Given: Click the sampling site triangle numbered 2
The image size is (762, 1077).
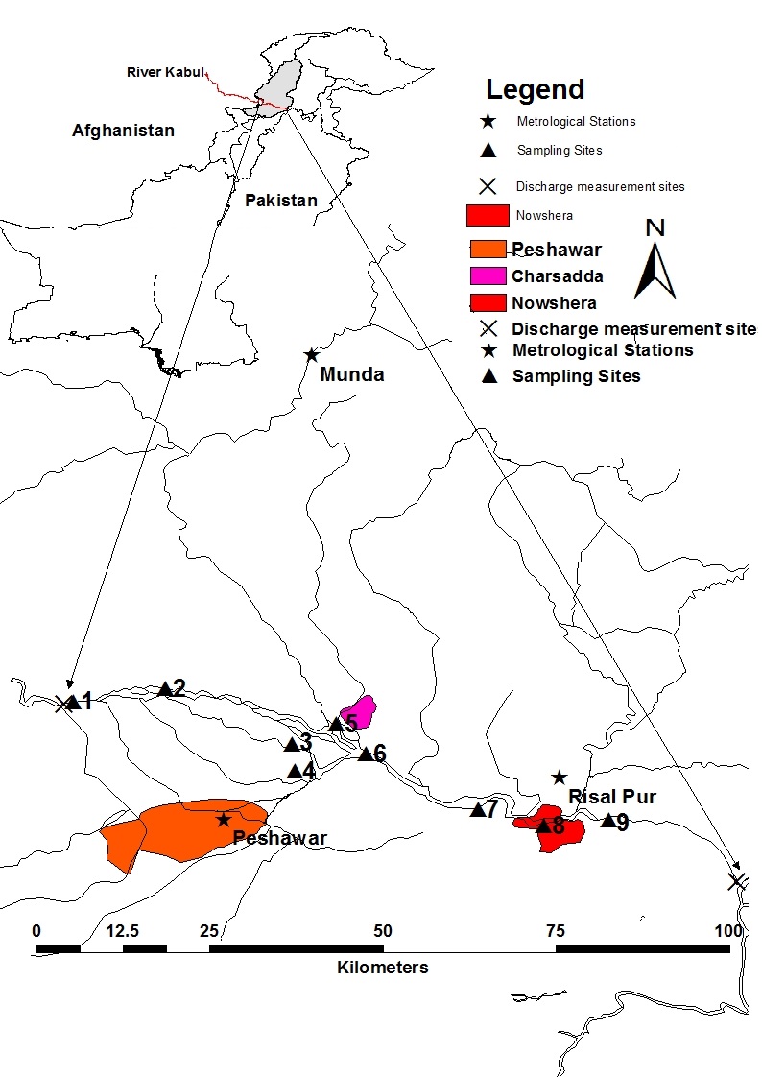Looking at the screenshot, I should (x=164, y=688).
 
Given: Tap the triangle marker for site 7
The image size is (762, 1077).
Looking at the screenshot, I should (x=477, y=809).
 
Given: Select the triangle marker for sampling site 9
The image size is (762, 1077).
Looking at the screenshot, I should (x=607, y=820).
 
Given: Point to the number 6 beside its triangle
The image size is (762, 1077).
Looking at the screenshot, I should (x=380, y=753).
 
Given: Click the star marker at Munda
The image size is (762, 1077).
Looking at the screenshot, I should (x=311, y=355).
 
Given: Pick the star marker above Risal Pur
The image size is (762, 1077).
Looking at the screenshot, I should (x=560, y=777).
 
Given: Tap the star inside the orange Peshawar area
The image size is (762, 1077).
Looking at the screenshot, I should (x=224, y=820).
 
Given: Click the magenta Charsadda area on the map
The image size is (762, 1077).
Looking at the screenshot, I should (x=361, y=711).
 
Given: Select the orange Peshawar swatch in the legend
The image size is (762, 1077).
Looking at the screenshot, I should (x=488, y=250).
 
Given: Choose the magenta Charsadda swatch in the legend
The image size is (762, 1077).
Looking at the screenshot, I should (x=488, y=276).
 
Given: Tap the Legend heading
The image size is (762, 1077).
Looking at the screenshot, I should (x=535, y=90).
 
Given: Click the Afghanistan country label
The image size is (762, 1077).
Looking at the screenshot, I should (x=123, y=131).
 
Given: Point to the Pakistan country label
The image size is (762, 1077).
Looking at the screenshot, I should (x=280, y=201).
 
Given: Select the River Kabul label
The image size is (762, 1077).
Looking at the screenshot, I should (x=164, y=72).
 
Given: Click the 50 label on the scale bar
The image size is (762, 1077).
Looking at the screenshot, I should (x=383, y=931).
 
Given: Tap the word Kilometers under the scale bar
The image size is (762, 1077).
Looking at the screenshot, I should (x=383, y=967).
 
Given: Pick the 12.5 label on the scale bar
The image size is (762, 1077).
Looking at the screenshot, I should (x=124, y=931).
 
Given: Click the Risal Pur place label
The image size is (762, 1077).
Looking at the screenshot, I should (x=612, y=797).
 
